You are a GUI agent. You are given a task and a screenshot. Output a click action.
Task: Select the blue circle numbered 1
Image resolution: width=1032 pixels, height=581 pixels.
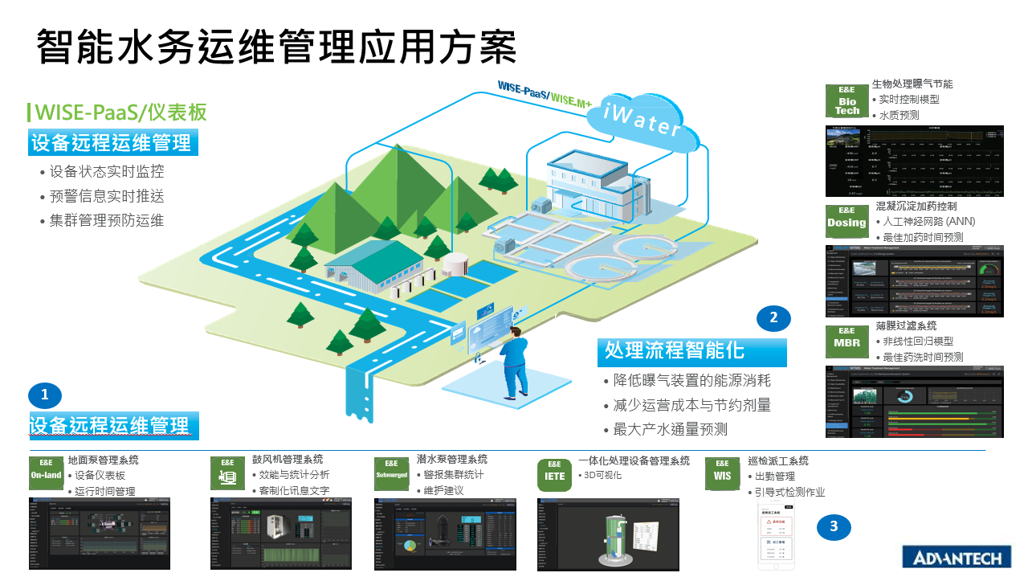[45, 395]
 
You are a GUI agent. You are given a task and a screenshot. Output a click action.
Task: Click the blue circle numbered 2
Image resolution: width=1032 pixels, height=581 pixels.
[773, 318]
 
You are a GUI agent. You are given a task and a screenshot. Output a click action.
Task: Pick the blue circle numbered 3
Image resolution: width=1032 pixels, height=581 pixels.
[834, 527]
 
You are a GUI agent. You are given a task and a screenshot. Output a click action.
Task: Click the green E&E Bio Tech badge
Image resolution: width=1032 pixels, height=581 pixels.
[846, 101]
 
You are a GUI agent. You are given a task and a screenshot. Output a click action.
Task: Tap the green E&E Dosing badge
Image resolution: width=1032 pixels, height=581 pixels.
[846, 219]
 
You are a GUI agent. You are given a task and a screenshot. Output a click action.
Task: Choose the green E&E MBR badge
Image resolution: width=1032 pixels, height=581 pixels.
[846, 341]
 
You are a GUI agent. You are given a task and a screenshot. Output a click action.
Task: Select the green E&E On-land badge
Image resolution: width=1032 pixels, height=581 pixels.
[46, 473]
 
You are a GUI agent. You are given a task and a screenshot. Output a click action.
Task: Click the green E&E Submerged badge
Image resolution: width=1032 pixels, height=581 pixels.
[391, 473]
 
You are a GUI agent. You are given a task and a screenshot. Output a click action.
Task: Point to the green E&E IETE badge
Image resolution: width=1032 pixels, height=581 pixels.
[555, 474]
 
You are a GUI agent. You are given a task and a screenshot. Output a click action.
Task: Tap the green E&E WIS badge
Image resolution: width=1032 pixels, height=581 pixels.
[722, 473]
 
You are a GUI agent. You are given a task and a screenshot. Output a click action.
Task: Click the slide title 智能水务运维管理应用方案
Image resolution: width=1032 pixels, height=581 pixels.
[275, 47]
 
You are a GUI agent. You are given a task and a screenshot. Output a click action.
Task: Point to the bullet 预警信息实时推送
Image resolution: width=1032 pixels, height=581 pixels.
[107, 196]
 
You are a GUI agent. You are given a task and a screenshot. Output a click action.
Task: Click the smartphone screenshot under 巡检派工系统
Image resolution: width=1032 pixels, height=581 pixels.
[782, 538]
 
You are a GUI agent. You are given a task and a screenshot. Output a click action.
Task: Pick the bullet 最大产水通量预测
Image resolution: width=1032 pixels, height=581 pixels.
[670, 429]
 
